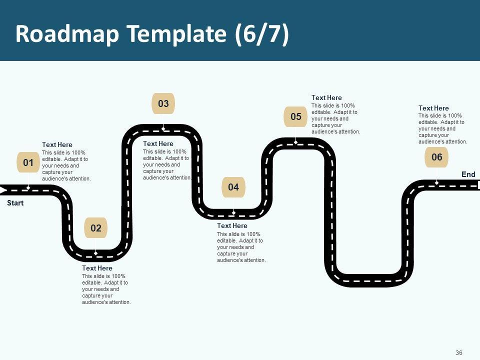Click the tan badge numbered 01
tap(28, 162)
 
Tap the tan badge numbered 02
tap(96, 228)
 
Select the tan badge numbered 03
tap(163, 103)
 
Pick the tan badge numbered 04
tap(233, 187)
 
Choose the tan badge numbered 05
tap(295, 116)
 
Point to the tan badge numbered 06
tap(436, 157)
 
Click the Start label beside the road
tap(15, 203)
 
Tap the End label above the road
tap(468, 174)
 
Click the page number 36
tap(459, 352)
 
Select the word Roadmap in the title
tap(67, 33)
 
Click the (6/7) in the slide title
tap(262, 33)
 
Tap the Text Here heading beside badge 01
tap(57, 145)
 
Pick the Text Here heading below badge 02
tap(97, 268)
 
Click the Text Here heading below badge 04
tap(232, 225)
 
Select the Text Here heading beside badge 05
tap(326, 97)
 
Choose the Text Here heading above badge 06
tap(433, 108)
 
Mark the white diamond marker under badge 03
tap(163, 129)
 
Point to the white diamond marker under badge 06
tap(437, 183)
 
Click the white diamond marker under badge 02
tap(96, 253)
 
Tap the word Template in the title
tap(177, 33)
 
